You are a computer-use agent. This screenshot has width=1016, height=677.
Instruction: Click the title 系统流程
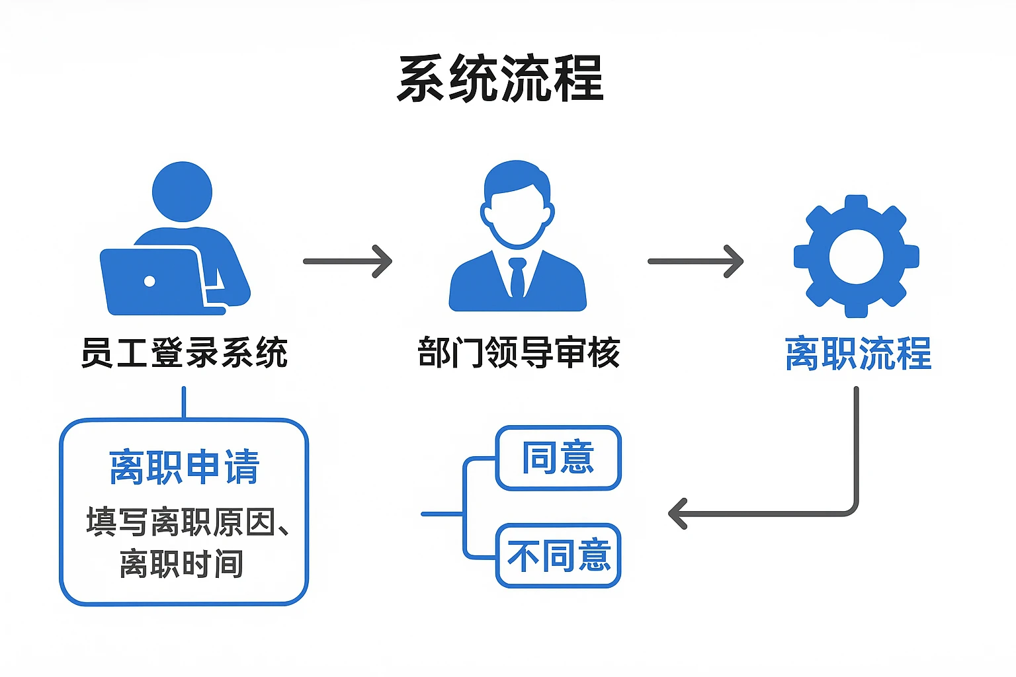[501, 79]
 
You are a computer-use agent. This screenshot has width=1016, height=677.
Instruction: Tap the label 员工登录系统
[184, 352]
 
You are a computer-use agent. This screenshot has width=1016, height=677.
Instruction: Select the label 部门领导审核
[519, 352]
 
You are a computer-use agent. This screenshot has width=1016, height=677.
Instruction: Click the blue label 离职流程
[858, 354]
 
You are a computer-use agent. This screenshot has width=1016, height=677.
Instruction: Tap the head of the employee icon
[182, 192]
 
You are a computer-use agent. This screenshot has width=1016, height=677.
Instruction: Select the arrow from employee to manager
[348, 261]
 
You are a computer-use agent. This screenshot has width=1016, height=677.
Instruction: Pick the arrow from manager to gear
[695, 261]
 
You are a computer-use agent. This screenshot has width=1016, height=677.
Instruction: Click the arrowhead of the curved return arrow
[677, 514]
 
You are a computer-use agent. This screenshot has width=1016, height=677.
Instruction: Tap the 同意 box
[558, 458]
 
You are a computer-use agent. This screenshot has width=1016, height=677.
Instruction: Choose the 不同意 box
[558, 555]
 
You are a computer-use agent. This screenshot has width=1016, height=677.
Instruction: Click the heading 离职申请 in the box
[184, 467]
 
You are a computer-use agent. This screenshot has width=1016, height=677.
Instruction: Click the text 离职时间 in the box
[181, 563]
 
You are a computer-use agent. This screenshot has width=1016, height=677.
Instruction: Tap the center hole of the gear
[856, 256]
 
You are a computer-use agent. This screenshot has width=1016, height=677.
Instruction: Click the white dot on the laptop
[149, 281]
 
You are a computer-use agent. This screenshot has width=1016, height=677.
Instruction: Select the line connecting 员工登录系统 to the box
[184, 402]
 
